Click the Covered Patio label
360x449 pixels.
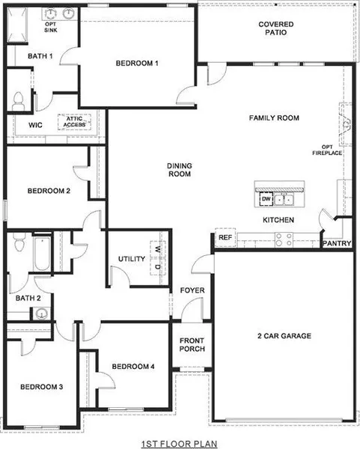click(x=275, y=28)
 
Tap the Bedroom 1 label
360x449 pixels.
click(x=137, y=64)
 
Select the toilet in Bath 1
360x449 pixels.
click(x=18, y=101)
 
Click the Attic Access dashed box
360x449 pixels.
click(x=74, y=122)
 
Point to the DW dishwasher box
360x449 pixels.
click(x=266, y=199)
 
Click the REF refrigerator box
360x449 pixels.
click(x=225, y=237)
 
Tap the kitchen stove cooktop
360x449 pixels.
click(x=284, y=239)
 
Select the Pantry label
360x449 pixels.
click(x=337, y=243)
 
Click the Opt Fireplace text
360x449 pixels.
click(x=327, y=150)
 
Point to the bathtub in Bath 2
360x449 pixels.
click(x=42, y=253)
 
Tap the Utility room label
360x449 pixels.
click(x=132, y=259)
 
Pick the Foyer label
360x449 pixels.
click(x=192, y=290)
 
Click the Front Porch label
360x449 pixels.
click(x=192, y=345)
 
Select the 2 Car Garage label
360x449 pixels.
click(x=284, y=336)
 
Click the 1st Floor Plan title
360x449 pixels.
click(x=180, y=444)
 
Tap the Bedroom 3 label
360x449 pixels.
click(x=41, y=387)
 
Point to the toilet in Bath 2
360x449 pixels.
click(x=19, y=242)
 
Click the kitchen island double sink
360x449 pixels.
click(x=284, y=199)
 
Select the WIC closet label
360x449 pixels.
click(x=35, y=125)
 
